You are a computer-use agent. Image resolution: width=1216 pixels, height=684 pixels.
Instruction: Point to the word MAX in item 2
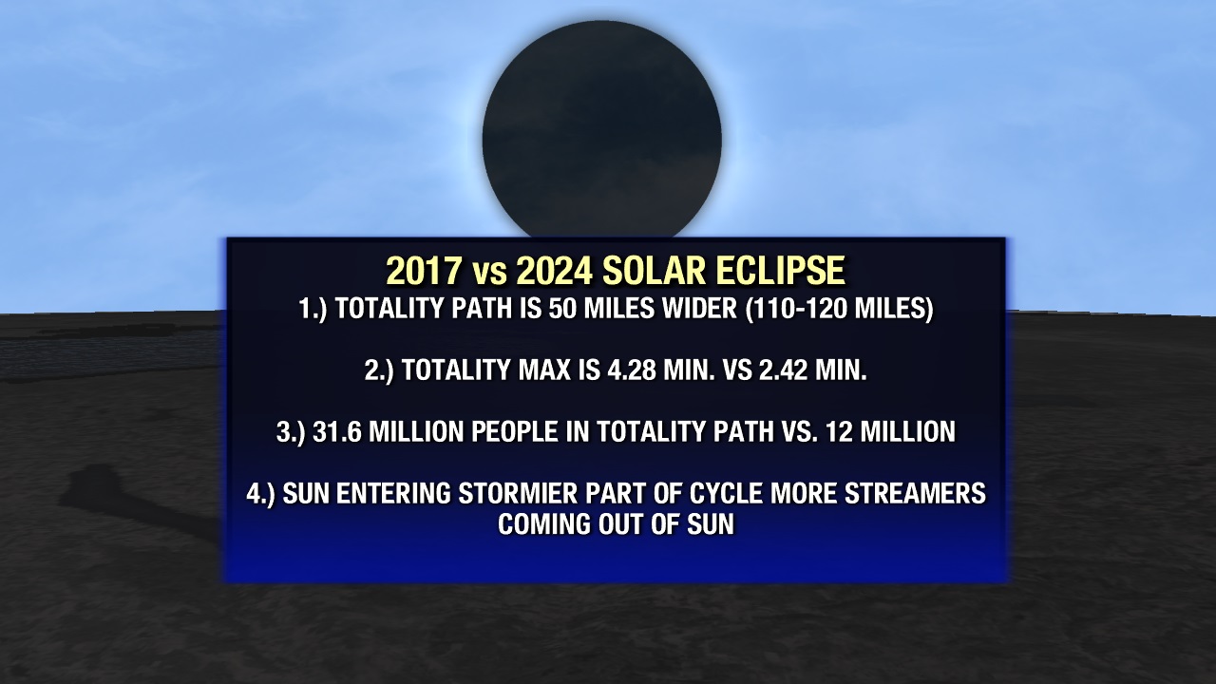(x=544, y=370)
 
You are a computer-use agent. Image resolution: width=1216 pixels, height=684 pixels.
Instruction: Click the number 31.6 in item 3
(x=337, y=432)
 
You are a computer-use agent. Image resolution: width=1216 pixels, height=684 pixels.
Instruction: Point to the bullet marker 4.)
(x=261, y=494)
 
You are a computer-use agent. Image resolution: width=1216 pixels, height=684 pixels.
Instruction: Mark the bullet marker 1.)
(x=313, y=309)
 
